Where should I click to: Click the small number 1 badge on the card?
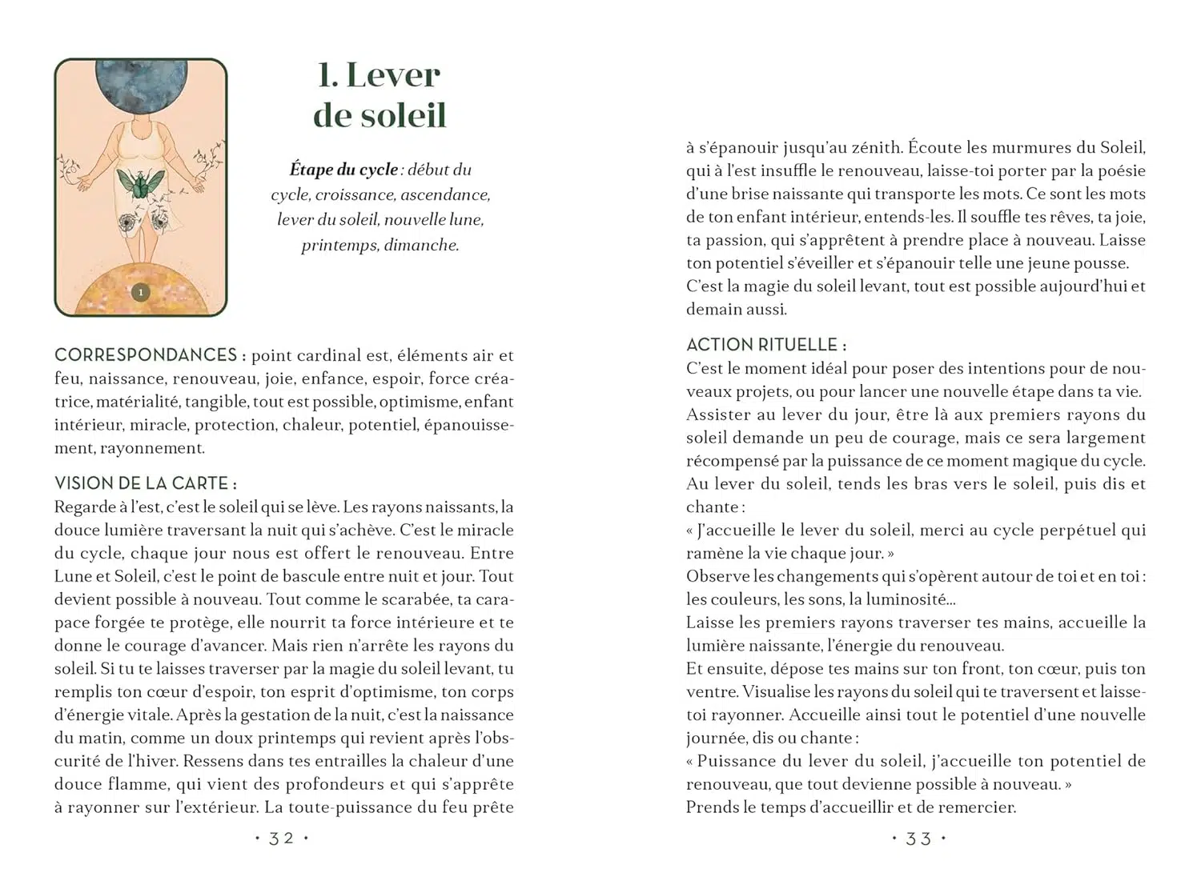(141, 293)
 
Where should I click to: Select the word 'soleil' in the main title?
(403, 114)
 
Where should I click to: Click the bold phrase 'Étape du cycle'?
(343, 170)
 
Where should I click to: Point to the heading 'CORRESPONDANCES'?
(146, 355)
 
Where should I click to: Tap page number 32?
(281, 839)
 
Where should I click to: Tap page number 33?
(918, 839)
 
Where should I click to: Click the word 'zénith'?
(876, 147)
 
